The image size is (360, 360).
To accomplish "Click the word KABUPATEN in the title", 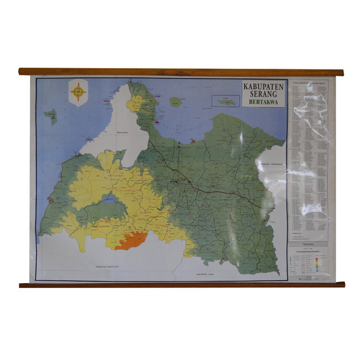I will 264,86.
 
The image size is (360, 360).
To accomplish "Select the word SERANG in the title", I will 264,94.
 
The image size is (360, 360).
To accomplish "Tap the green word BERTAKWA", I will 264,102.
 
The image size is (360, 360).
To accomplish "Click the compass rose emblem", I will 79,91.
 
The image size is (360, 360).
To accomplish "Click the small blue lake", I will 110,198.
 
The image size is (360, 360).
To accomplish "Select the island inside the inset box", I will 227,101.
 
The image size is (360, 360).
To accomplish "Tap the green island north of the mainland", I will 176,102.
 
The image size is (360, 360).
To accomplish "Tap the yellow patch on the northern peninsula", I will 135,103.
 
